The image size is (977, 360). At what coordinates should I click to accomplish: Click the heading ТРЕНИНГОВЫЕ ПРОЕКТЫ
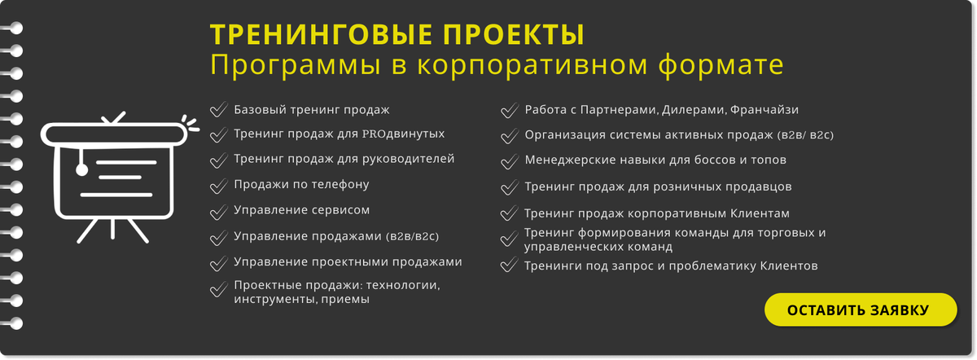397,34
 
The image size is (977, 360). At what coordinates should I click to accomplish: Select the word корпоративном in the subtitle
532,65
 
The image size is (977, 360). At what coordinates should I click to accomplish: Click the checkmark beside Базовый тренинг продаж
218,109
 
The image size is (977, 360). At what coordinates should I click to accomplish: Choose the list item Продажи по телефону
301,185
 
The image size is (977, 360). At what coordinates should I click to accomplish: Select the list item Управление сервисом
302,210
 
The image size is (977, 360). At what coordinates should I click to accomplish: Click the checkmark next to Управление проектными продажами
218,263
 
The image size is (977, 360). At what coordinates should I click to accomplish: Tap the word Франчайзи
765,109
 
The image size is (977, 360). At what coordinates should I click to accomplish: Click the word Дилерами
694,110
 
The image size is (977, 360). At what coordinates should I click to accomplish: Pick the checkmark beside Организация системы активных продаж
510,136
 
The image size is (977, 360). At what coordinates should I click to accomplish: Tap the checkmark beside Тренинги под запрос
509,265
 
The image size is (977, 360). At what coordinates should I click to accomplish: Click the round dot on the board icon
81,169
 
